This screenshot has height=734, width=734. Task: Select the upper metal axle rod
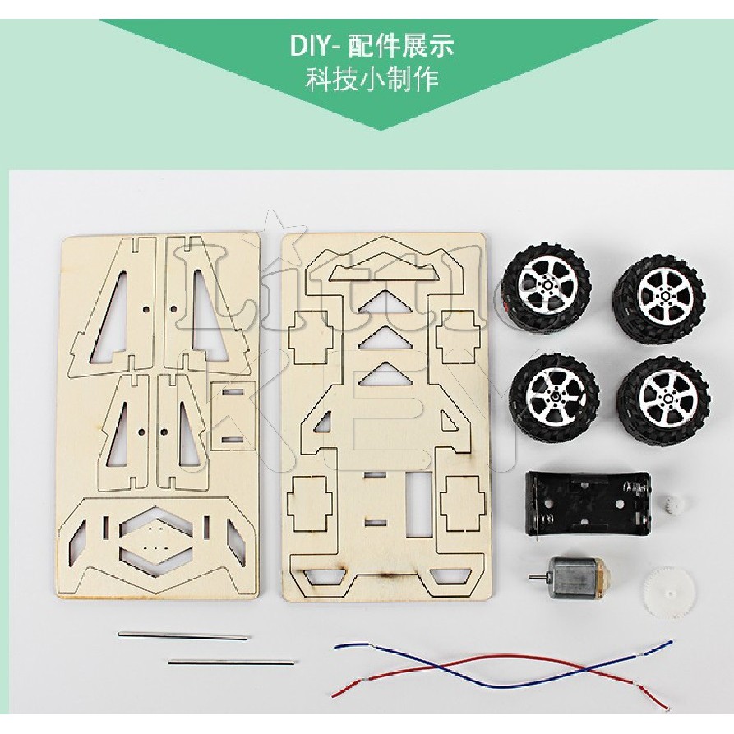click(182, 635)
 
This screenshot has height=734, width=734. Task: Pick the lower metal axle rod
click(231, 661)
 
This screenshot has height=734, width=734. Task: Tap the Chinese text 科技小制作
click(372, 81)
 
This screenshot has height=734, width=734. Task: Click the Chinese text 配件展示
click(400, 45)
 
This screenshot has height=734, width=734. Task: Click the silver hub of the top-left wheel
click(545, 287)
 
